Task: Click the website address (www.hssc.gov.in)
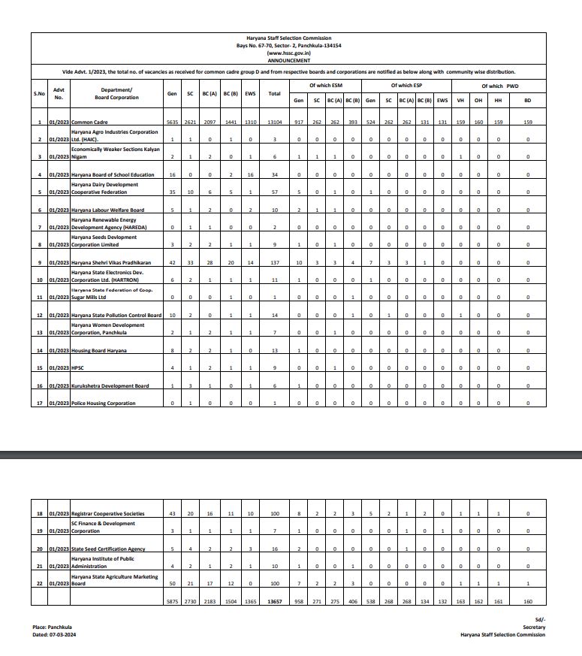point(288,54)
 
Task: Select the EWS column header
point(250,93)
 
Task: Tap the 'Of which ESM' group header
point(326,86)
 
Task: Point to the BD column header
point(527,100)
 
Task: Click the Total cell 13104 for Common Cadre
point(275,122)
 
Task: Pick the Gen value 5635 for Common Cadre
point(172,122)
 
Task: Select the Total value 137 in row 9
point(275,262)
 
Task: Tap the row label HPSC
point(78,368)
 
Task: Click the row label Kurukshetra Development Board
point(110,385)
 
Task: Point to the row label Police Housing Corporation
point(104,404)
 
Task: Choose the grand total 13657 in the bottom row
point(275,601)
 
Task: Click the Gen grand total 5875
point(172,601)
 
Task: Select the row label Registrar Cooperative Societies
point(108,514)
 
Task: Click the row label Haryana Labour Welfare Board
point(107,210)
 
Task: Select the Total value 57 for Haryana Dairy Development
point(275,192)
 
